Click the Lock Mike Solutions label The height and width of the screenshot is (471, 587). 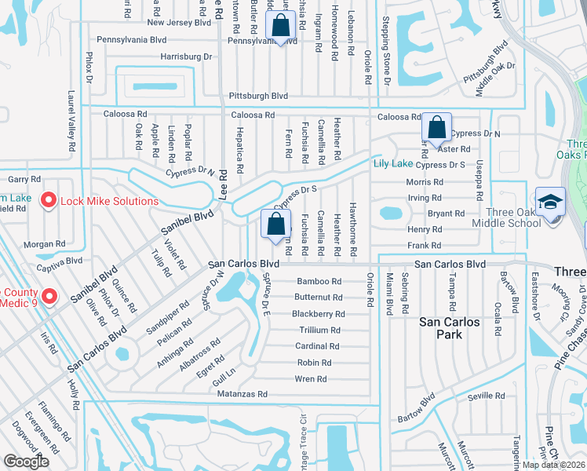point(110,201)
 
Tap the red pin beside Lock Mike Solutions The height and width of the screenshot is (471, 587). point(47,201)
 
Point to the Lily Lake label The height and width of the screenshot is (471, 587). point(392,163)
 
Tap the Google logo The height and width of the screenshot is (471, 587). point(26,462)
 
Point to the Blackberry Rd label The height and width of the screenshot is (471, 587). point(318,313)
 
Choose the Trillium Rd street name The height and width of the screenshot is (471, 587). point(319,330)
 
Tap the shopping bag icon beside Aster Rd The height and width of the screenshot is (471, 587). point(436,127)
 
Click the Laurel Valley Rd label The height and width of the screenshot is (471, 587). point(71,121)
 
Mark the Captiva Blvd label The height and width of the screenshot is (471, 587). point(63,261)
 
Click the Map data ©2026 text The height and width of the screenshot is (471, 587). point(553,465)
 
